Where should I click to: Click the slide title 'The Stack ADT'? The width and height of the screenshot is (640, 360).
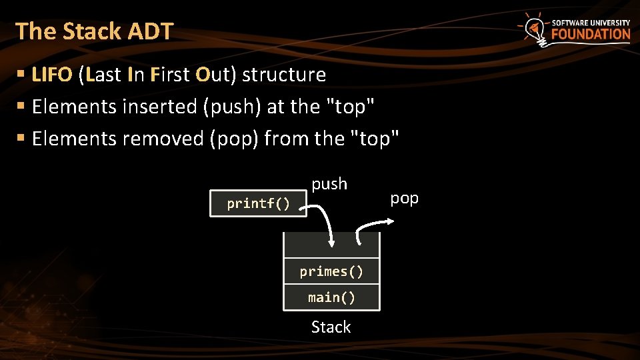click(94, 31)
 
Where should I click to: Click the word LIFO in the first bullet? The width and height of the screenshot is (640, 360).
click(51, 75)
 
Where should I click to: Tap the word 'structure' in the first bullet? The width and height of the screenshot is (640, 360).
click(283, 75)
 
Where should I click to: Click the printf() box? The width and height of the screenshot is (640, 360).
click(258, 203)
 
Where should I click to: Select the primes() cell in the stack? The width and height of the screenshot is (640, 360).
click(331, 271)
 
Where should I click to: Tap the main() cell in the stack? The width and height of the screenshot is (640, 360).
click(331, 297)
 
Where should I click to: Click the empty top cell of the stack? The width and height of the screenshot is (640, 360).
click(331, 246)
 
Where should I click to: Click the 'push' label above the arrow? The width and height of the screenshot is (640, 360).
click(329, 183)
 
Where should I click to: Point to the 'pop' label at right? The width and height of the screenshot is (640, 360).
click(404, 198)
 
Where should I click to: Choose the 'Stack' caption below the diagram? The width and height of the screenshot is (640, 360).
click(331, 327)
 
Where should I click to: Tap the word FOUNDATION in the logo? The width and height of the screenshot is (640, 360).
click(590, 34)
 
